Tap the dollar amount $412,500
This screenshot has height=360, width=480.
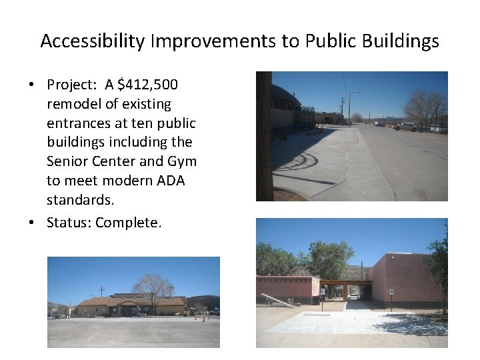148,85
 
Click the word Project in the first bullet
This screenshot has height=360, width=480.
71,85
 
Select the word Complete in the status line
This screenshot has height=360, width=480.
128,223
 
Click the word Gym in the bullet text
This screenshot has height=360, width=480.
183,161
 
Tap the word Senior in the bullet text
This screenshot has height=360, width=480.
67,161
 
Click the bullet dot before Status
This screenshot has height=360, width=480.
32,223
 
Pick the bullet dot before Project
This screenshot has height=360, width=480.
32,85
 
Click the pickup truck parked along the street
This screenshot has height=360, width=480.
404,126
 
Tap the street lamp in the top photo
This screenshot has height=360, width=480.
349,107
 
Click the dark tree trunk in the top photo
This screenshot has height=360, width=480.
264,133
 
